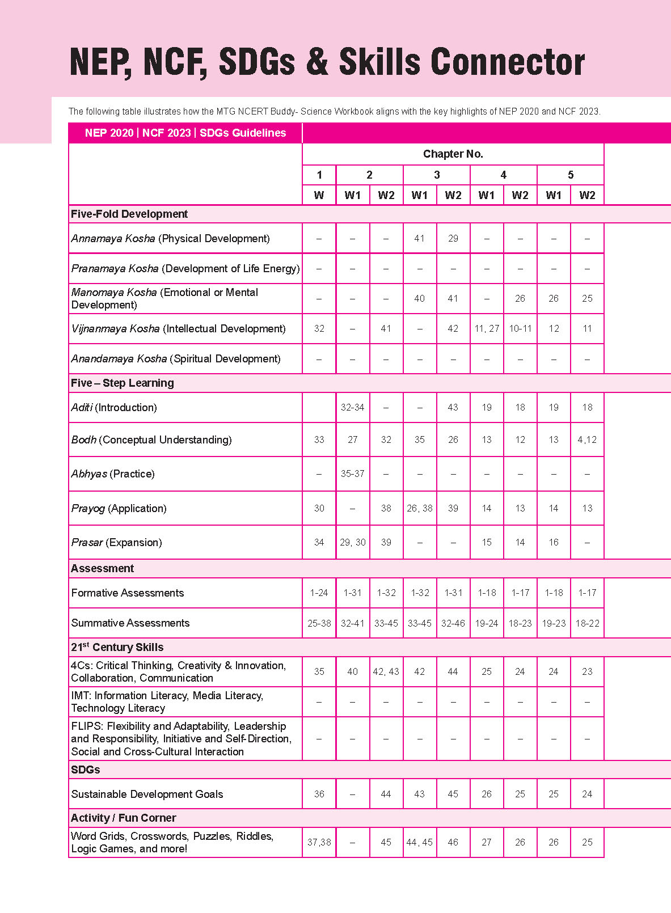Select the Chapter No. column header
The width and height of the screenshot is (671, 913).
[x=453, y=154]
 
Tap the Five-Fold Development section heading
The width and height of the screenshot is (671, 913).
[x=129, y=214]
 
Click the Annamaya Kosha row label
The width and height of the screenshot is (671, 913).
[x=170, y=239]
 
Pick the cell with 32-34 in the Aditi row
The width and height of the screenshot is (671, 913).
[x=352, y=407]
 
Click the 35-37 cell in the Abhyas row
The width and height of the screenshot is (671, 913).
[x=352, y=474]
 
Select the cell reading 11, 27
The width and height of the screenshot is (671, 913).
[x=487, y=328]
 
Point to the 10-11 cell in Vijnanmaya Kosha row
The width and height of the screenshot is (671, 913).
[x=520, y=328]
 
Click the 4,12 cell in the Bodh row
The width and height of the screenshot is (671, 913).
[x=587, y=439]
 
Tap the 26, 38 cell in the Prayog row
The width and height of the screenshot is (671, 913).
[x=420, y=508]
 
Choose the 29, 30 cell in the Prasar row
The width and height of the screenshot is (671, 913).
[x=352, y=542]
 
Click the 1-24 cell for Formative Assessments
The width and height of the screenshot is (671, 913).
[x=319, y=593]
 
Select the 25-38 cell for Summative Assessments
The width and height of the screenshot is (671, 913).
[x=319, y=623]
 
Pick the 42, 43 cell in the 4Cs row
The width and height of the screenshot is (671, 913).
[x=386, y=671]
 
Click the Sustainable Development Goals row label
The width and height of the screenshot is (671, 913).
[x=147, y=794]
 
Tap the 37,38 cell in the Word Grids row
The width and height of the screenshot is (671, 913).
[x=319, y=842]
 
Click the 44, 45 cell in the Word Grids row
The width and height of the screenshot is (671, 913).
[x=420, y=842]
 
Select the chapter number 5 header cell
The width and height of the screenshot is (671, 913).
[x=570, y=175]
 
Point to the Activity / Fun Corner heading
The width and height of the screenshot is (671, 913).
[x=123, y=818]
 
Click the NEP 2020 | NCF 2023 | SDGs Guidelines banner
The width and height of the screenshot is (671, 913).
[x=185, y=133]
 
